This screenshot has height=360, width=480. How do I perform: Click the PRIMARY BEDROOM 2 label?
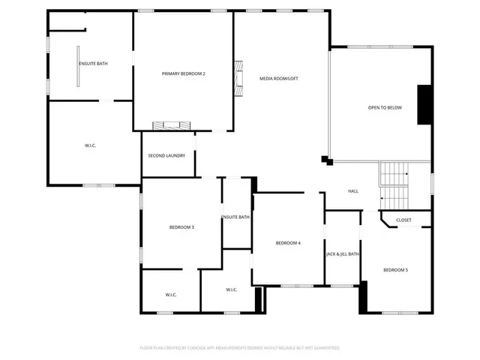coord(184,73)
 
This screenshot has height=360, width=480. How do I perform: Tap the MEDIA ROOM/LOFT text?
coord(279,78)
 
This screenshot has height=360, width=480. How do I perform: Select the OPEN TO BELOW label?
coord(385,108)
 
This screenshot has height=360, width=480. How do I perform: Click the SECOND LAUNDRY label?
coord(166,155)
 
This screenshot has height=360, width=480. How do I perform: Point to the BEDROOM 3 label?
coord(181,227)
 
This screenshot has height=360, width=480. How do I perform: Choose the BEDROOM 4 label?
coord(288,243)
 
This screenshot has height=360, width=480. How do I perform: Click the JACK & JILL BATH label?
coord(342,254)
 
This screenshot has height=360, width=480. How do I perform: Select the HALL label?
coord(353,191)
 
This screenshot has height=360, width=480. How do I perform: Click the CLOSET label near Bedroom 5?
coord(403,220)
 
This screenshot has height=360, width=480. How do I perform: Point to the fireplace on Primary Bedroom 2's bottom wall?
coord(171,125)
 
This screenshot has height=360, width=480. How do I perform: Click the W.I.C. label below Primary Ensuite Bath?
coord(90,145)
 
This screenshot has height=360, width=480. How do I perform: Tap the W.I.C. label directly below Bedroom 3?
coord(171,295)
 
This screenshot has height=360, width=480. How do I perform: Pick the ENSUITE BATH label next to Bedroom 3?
coord(235,217)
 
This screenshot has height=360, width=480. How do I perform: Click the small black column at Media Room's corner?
coord(326,159)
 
